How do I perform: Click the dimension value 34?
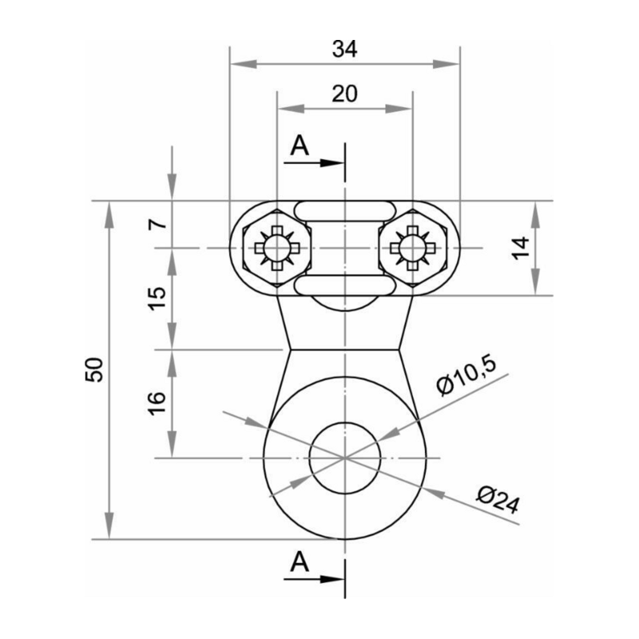[x=344, y=49]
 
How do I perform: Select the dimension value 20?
[x=344, y=93]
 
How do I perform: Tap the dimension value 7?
[x=159, y=224]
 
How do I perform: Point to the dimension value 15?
[x=159, y=298]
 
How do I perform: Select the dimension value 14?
[x=521, y=248]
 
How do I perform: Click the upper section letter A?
[x=299, y=145]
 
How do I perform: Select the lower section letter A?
[x=299, y=562]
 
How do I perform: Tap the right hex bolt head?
[x=412, y=248]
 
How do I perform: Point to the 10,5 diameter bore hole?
[x=344, y=457]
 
